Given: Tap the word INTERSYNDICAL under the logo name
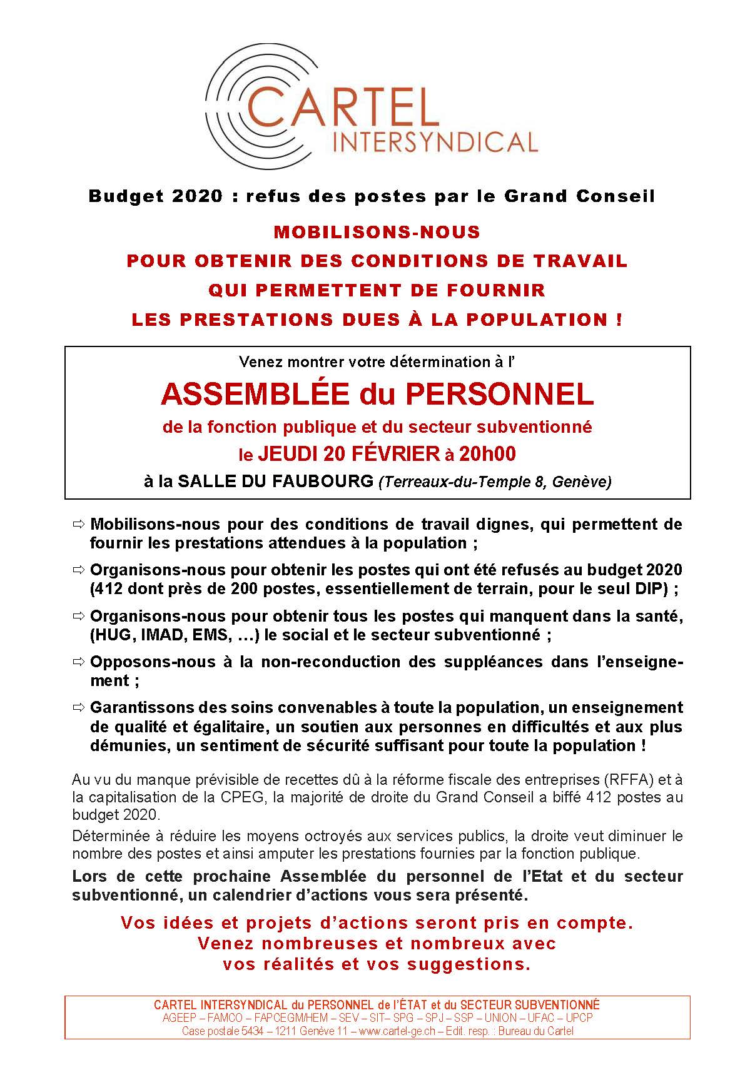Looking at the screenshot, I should coord(436,143).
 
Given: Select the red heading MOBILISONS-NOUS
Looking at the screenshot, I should coord(377,233).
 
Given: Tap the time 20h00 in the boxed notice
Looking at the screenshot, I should coord(487,454).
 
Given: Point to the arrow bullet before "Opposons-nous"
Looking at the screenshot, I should coord(79,662).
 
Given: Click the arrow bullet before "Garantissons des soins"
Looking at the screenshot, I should coord(79,708).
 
